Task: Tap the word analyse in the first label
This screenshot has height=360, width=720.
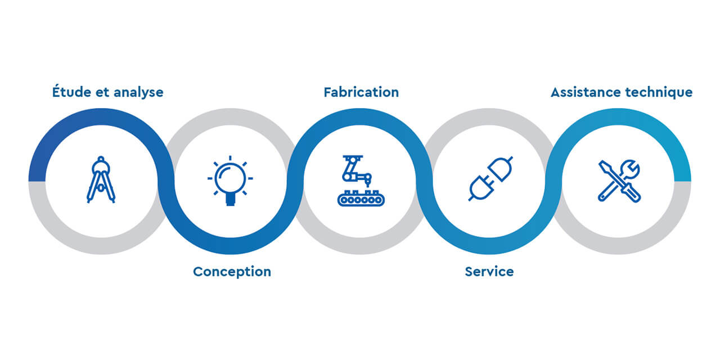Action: click(138, 92)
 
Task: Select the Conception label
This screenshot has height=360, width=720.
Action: click(232, 272)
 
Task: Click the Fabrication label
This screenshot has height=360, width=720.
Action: click(361, 92)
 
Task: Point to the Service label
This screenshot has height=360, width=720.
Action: click(489, 272)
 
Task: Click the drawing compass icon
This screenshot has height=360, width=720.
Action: click(101, 180)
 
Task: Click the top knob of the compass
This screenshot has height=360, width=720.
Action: click(101, 159)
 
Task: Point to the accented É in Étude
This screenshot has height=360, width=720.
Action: click(57, 91)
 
